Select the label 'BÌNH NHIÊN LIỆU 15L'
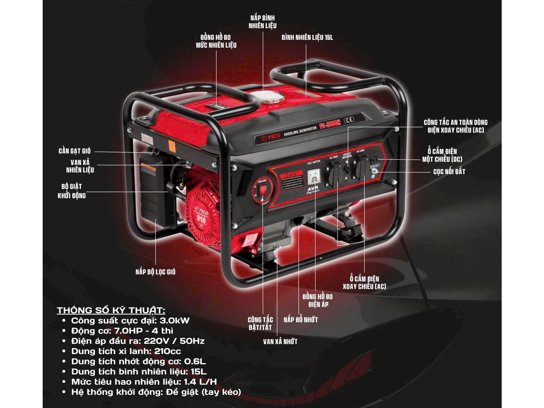pyautogui.click(x=307, y=38)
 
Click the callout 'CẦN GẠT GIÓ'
pyautogui.click(x=75, y=151)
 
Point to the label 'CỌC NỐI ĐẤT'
pyautogui.click(x=449, y=172)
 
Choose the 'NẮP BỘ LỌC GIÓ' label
pyautogui.click(x=155, y=272)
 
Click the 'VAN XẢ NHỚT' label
pyautogui.click(x=280, y=342)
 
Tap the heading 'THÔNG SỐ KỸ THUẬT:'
pyautogui.click(x=111, y=310)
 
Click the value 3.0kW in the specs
pyautogui.click(x=174, y=321)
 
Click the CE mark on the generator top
pyautogui.click(x=349, y=120)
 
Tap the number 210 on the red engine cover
pyautogui.click(x=201, y=219)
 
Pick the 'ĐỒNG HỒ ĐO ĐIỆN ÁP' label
pyautogui.click(x=317, y=300)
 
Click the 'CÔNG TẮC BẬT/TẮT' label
pyautogui.click(x=260, y=323)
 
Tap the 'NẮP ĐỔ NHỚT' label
pyautogui.click(x=301, y=320)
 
